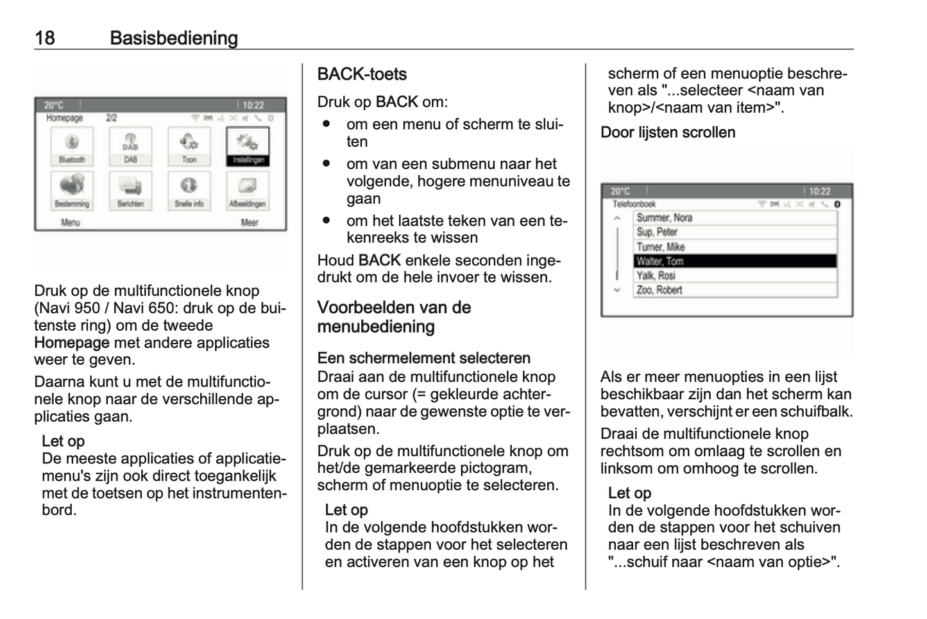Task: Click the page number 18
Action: pos(45,38)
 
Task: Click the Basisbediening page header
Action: pos(174,38)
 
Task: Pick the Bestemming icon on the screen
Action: pos(72,190)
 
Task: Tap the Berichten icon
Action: pos(130,190)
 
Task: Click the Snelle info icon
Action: pos(189,190)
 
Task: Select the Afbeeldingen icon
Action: pos(248,190)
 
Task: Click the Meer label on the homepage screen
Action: pos(250,222)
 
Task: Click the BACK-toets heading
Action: pos(362,74)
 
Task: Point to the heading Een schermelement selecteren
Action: pos(423,358)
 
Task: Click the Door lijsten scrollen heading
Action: pos(668,133)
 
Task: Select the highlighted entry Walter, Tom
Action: pos(736,261)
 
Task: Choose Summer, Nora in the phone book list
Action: pos(736,218)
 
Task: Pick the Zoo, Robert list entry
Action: pos(736,290)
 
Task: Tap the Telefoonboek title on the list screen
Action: pos(634,204)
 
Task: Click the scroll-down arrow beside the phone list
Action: pos(617,290)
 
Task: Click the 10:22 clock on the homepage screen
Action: pos(253,105)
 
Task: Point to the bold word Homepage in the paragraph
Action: pos(72,343)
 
